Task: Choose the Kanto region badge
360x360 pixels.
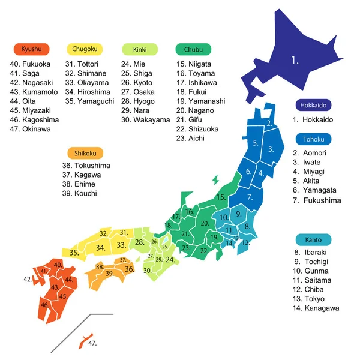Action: coord(313,240)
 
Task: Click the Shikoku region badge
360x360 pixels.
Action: coord(86,152)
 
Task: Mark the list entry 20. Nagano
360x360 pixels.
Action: coord(195,111)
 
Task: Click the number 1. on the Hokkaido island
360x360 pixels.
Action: coord(295,59)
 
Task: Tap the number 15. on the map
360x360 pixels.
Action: coord(221,197)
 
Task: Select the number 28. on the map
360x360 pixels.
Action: coord(139,242)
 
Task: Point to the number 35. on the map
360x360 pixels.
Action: coord(74,253)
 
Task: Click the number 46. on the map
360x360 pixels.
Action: coord(44,305)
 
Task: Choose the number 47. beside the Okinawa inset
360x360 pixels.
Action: coord(92,343)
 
